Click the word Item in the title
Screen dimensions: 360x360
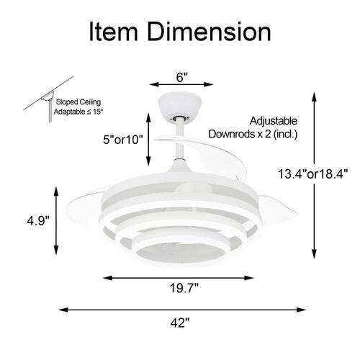pos(113,32)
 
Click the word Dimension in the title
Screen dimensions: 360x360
pos(209,32)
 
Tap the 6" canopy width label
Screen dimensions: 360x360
pos(181,77)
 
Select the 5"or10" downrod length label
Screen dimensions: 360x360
pos(123,140)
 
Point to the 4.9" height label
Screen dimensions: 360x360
pos(38,220)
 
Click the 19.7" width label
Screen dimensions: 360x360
pos(184,288)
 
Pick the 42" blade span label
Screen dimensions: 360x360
pos(180,323)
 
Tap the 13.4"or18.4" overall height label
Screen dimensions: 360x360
pos(312,174)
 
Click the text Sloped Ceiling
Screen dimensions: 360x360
pos(78,102)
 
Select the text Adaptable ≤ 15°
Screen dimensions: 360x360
pos(78,112)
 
